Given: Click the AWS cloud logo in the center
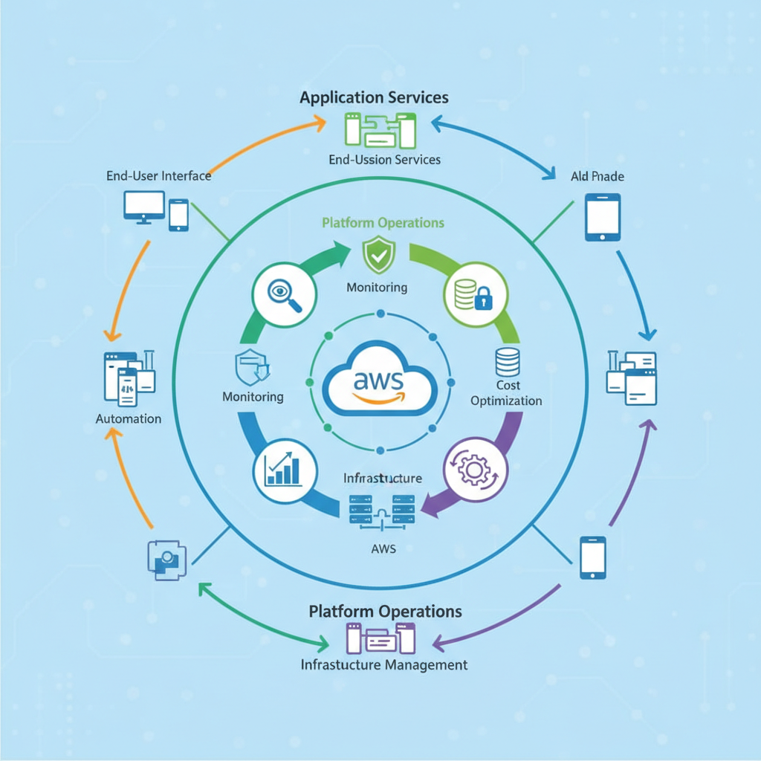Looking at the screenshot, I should pyautogui.click(x=379, y=381).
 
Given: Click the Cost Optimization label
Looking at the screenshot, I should pyautogui.click(x=507, y=393).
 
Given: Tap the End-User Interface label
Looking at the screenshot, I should pyautogui.click(x=158, y=175).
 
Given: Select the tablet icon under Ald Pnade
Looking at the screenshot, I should pyautogui.click(x=602, y=217).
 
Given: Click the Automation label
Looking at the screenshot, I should pyautogui.click(x=129, y=419).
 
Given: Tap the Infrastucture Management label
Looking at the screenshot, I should pyautogui.click(x=384, y=664).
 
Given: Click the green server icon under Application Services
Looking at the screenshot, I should pyautogui.click(x=379, y=129).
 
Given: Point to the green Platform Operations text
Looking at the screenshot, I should pyautogui.click(x=383, y=222).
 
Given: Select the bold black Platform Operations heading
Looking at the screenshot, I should pyautogui.click(x=385, y=611).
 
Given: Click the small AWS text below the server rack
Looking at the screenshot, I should pyautogui.click(x=383, y=549).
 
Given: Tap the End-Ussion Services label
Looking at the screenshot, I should pyautogui.click(x=384, y=159).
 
